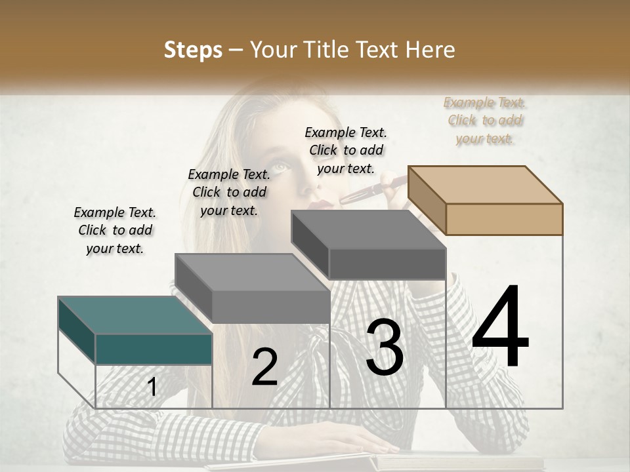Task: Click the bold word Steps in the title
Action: [193, 50]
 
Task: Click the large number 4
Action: [500, 328]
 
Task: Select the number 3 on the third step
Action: [385, 347]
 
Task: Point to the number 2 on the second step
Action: [264, 367]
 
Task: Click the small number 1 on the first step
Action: [152, 387]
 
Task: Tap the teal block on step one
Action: [154, 348]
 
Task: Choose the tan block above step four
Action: [504, 218]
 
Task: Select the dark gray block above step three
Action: [387, 263]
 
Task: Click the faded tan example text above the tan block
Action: [485, 121]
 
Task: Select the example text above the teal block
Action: [115, 230]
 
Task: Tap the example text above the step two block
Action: [229, 192]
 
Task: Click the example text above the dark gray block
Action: [346, 150]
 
